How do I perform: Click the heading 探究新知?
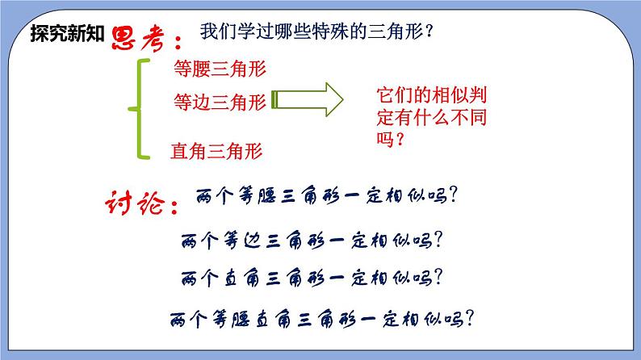click(x=67, y=35)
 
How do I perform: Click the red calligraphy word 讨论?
click(x=132, y=203)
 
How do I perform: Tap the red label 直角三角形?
click(x=216, y=149)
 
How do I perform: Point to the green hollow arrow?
click(x=308, y=99)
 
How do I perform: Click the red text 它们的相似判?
click(x=431, y=94)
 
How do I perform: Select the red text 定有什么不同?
click(x=431, y=116)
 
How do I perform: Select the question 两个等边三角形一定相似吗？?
click(x=316, y=239)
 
